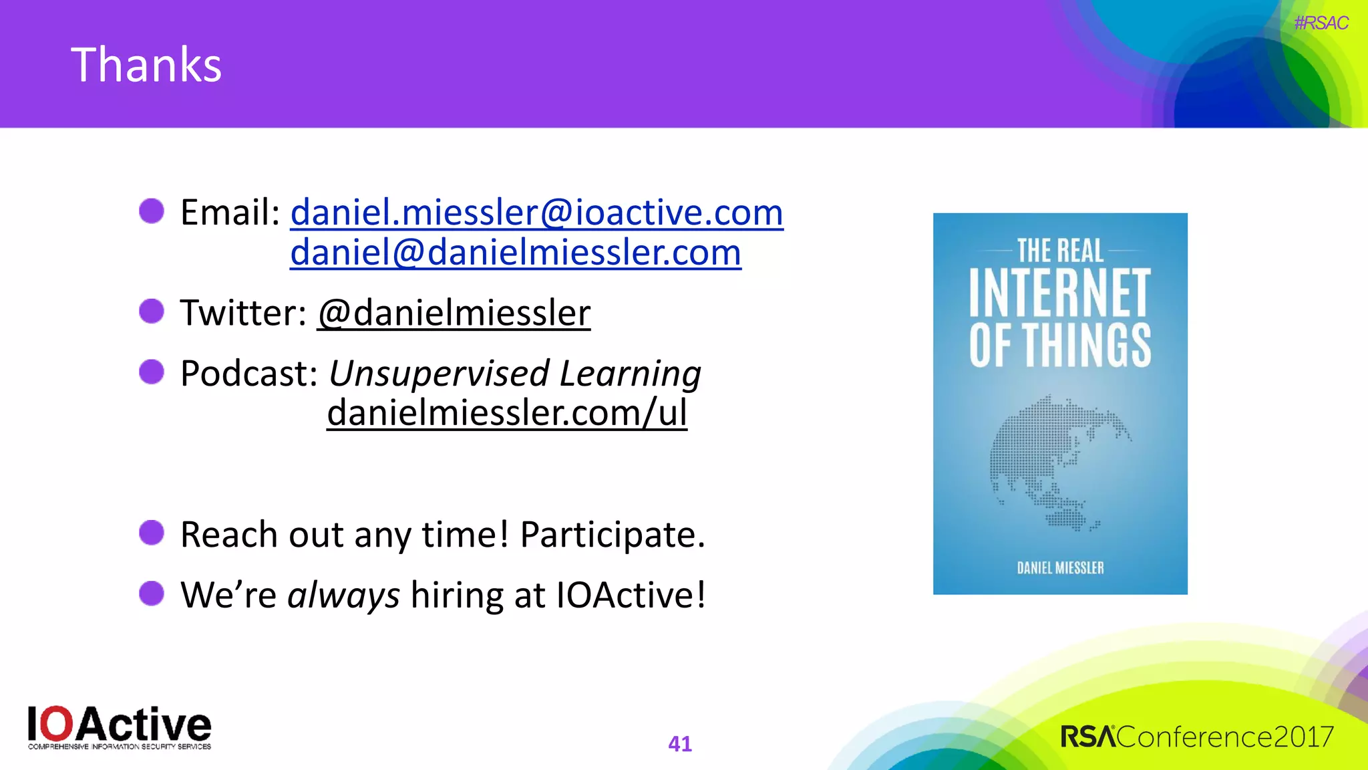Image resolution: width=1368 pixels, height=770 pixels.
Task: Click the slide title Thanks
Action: click(x=146, y=65)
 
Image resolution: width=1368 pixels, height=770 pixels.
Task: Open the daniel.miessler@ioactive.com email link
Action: click(x=536, y=213)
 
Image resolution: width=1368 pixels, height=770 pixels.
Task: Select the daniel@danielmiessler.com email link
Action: click(x=515, y=253)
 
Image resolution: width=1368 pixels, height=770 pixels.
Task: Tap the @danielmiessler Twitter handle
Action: click(x=454, y=313)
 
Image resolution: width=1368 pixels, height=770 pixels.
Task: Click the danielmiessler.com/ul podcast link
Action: click(x=506, y=412)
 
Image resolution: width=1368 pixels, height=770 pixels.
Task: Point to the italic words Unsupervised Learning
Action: click(x=514, y=373)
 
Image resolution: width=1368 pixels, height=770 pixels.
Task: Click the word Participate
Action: click(x=612, y=534)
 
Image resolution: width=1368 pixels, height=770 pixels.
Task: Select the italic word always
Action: click(x=343, y=595)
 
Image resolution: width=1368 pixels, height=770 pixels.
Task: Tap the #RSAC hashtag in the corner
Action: click(x=1321, y=23)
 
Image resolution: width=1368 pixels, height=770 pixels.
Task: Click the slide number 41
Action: click(x=680, y=743)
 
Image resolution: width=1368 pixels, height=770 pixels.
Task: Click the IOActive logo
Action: click(x=120, y=727)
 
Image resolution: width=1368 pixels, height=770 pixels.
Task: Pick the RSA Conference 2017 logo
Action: click(x=1197, y=737)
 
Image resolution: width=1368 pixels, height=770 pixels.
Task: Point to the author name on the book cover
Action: click(x=1060, y=567)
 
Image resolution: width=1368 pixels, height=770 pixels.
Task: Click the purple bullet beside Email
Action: click(x=152, y=211)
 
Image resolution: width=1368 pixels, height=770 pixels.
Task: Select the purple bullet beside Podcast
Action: click(x=152, y=372)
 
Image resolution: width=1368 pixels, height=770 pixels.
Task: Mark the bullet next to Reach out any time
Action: click(x=152, y=533)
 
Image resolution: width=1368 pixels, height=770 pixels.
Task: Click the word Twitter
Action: click(x=242, y=313)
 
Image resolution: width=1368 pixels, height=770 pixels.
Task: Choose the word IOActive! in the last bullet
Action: click(x=631, y=595)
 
